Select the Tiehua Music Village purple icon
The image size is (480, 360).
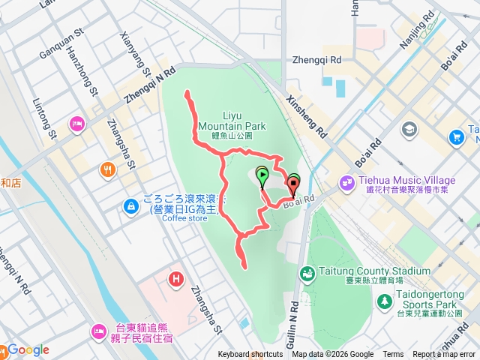(346, 181)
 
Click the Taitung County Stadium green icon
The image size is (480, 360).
(307, 274)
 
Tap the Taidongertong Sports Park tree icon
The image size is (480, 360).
(385, 301)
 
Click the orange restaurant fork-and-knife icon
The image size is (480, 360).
(109, 170)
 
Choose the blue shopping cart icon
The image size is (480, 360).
(456, 137)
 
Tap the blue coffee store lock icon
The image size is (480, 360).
(131, 204)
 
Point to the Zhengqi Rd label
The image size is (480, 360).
(317, 58)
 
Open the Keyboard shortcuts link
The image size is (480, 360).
(250, 355)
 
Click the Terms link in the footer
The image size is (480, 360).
(393, 355)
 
